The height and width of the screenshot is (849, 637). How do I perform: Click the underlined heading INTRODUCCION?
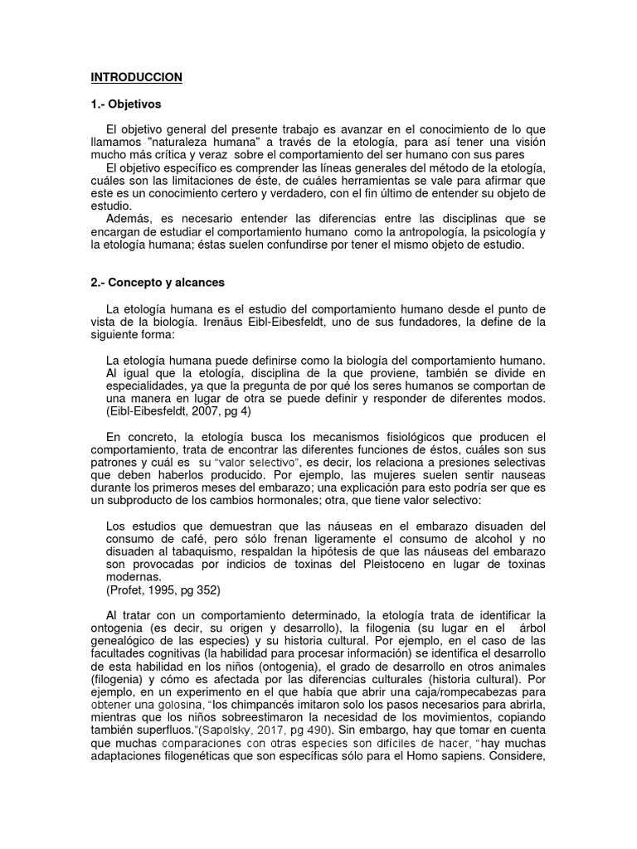136,77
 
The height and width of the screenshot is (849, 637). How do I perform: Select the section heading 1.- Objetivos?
126,104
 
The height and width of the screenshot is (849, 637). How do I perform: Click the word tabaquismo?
189,551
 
